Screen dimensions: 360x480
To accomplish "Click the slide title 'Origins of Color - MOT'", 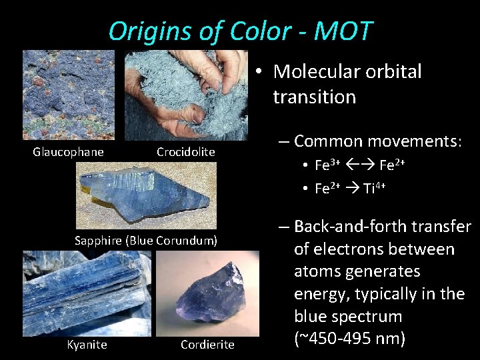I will tap(240, 31).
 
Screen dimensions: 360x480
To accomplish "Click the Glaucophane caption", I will tap(69, 152).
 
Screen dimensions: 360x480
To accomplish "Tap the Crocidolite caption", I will tap(185, 152).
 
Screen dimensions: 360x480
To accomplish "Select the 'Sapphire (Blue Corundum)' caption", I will tap(146, 240).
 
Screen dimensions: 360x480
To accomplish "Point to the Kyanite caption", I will tap(87, 345).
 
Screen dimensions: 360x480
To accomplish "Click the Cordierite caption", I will tap(207, 345).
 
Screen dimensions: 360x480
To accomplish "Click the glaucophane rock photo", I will tap(69, 95).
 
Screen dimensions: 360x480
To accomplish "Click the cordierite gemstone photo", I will tap(218, 291).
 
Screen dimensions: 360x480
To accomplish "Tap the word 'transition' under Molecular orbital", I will tap(314, 97).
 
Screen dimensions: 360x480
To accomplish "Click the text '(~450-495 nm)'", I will tap(349, 339).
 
